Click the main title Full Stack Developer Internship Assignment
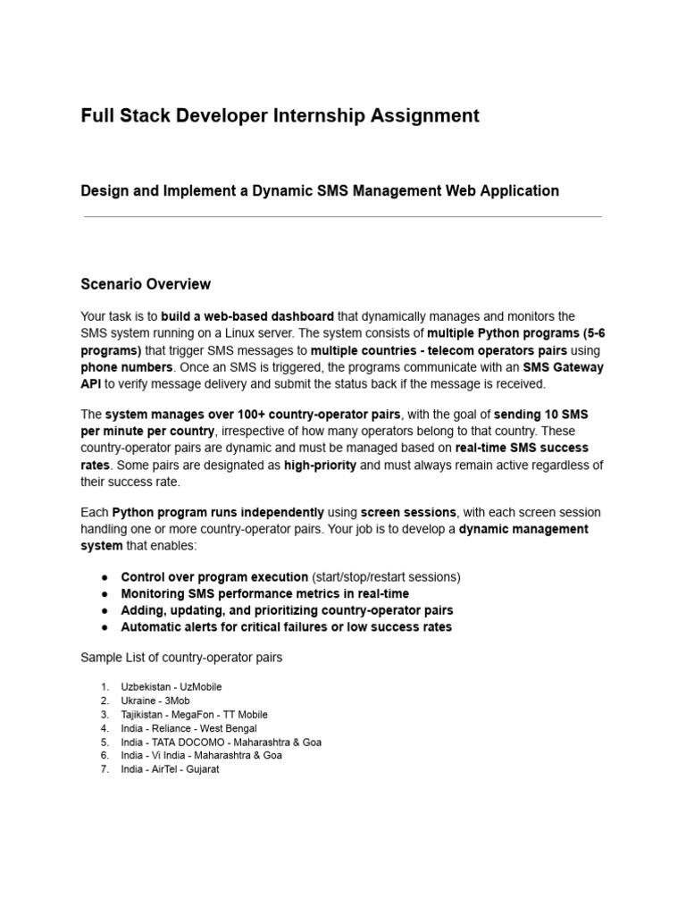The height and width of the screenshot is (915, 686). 280,116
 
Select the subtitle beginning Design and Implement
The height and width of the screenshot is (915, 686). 320,190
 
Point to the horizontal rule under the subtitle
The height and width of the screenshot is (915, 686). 342,217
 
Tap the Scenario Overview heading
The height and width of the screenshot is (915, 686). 146,284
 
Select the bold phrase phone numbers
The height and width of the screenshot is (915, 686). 126,367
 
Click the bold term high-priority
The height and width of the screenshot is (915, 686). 320,466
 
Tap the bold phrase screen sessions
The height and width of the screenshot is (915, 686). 408,512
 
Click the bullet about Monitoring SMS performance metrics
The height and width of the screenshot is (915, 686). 264,593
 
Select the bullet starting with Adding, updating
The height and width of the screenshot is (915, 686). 287,610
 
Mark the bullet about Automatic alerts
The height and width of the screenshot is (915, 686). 286,627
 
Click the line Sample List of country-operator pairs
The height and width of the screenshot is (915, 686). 181,658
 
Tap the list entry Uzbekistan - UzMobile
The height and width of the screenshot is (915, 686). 171,687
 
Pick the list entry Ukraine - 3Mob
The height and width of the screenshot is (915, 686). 155,701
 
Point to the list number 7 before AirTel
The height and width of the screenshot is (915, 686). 104,769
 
